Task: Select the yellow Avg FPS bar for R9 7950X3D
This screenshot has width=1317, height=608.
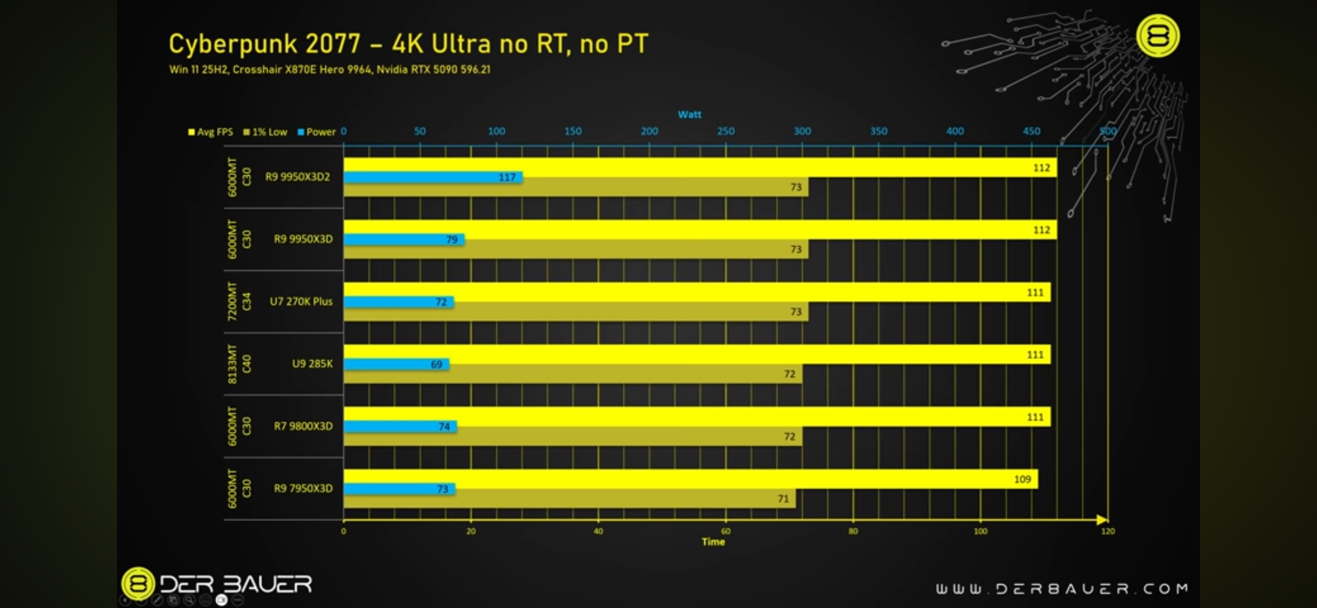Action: [676, 479]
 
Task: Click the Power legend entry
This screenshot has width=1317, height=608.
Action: [317, 132]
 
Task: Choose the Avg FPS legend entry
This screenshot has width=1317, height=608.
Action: [211, 132]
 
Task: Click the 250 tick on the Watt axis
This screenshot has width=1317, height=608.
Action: [726, 131]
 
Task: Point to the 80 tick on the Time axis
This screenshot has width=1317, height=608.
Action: [853, 531]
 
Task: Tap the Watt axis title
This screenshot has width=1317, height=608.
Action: [689, 114]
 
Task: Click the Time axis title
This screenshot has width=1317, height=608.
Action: [713, 542]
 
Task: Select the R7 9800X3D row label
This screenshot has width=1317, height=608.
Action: [303, 426]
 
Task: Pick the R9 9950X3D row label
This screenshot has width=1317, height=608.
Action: [303, 239]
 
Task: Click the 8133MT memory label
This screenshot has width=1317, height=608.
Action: [232, 364]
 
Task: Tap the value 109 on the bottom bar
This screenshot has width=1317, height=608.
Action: [1022, 479]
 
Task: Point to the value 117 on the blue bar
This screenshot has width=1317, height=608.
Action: [507, 178]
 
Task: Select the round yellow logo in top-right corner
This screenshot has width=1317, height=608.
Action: [1158, 36]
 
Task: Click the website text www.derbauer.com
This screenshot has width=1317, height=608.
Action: [1062, 588]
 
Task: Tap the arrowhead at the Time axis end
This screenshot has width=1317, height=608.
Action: [1102, 520]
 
